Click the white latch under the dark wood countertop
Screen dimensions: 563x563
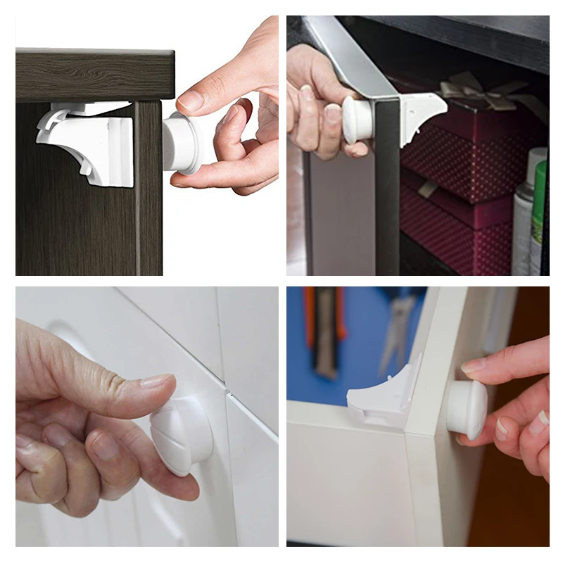88,144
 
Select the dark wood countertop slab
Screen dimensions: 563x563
95,74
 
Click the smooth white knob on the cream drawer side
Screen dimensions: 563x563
466,408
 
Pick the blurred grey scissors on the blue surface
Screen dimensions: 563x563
398,331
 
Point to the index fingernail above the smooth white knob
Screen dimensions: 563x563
474,365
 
